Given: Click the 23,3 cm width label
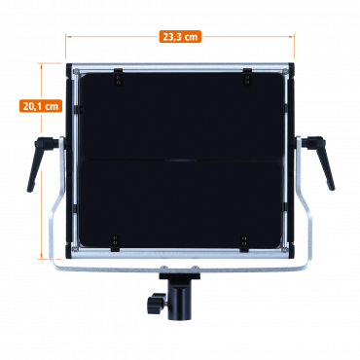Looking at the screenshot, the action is [180, 37].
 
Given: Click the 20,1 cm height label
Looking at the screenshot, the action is [41, 106].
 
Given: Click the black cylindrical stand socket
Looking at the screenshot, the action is [179, 300].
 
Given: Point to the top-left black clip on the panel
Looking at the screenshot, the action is [118, 77].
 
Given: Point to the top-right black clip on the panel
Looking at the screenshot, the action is [247, 77].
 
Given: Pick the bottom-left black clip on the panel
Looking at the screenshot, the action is [115, 242].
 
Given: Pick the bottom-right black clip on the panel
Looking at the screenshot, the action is [244, 243].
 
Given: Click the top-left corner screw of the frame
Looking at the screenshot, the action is [76, 72].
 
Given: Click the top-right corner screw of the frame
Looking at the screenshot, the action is [285, 72].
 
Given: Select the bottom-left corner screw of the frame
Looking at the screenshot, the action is [76, 249].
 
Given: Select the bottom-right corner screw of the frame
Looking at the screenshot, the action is [284, 249].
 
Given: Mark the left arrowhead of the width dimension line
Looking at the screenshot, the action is [67, 37].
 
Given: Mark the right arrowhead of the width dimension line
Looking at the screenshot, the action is [292, 37].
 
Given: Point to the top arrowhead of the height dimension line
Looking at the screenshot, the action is [41, 65].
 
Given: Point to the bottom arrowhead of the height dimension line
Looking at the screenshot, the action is [41, 257].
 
